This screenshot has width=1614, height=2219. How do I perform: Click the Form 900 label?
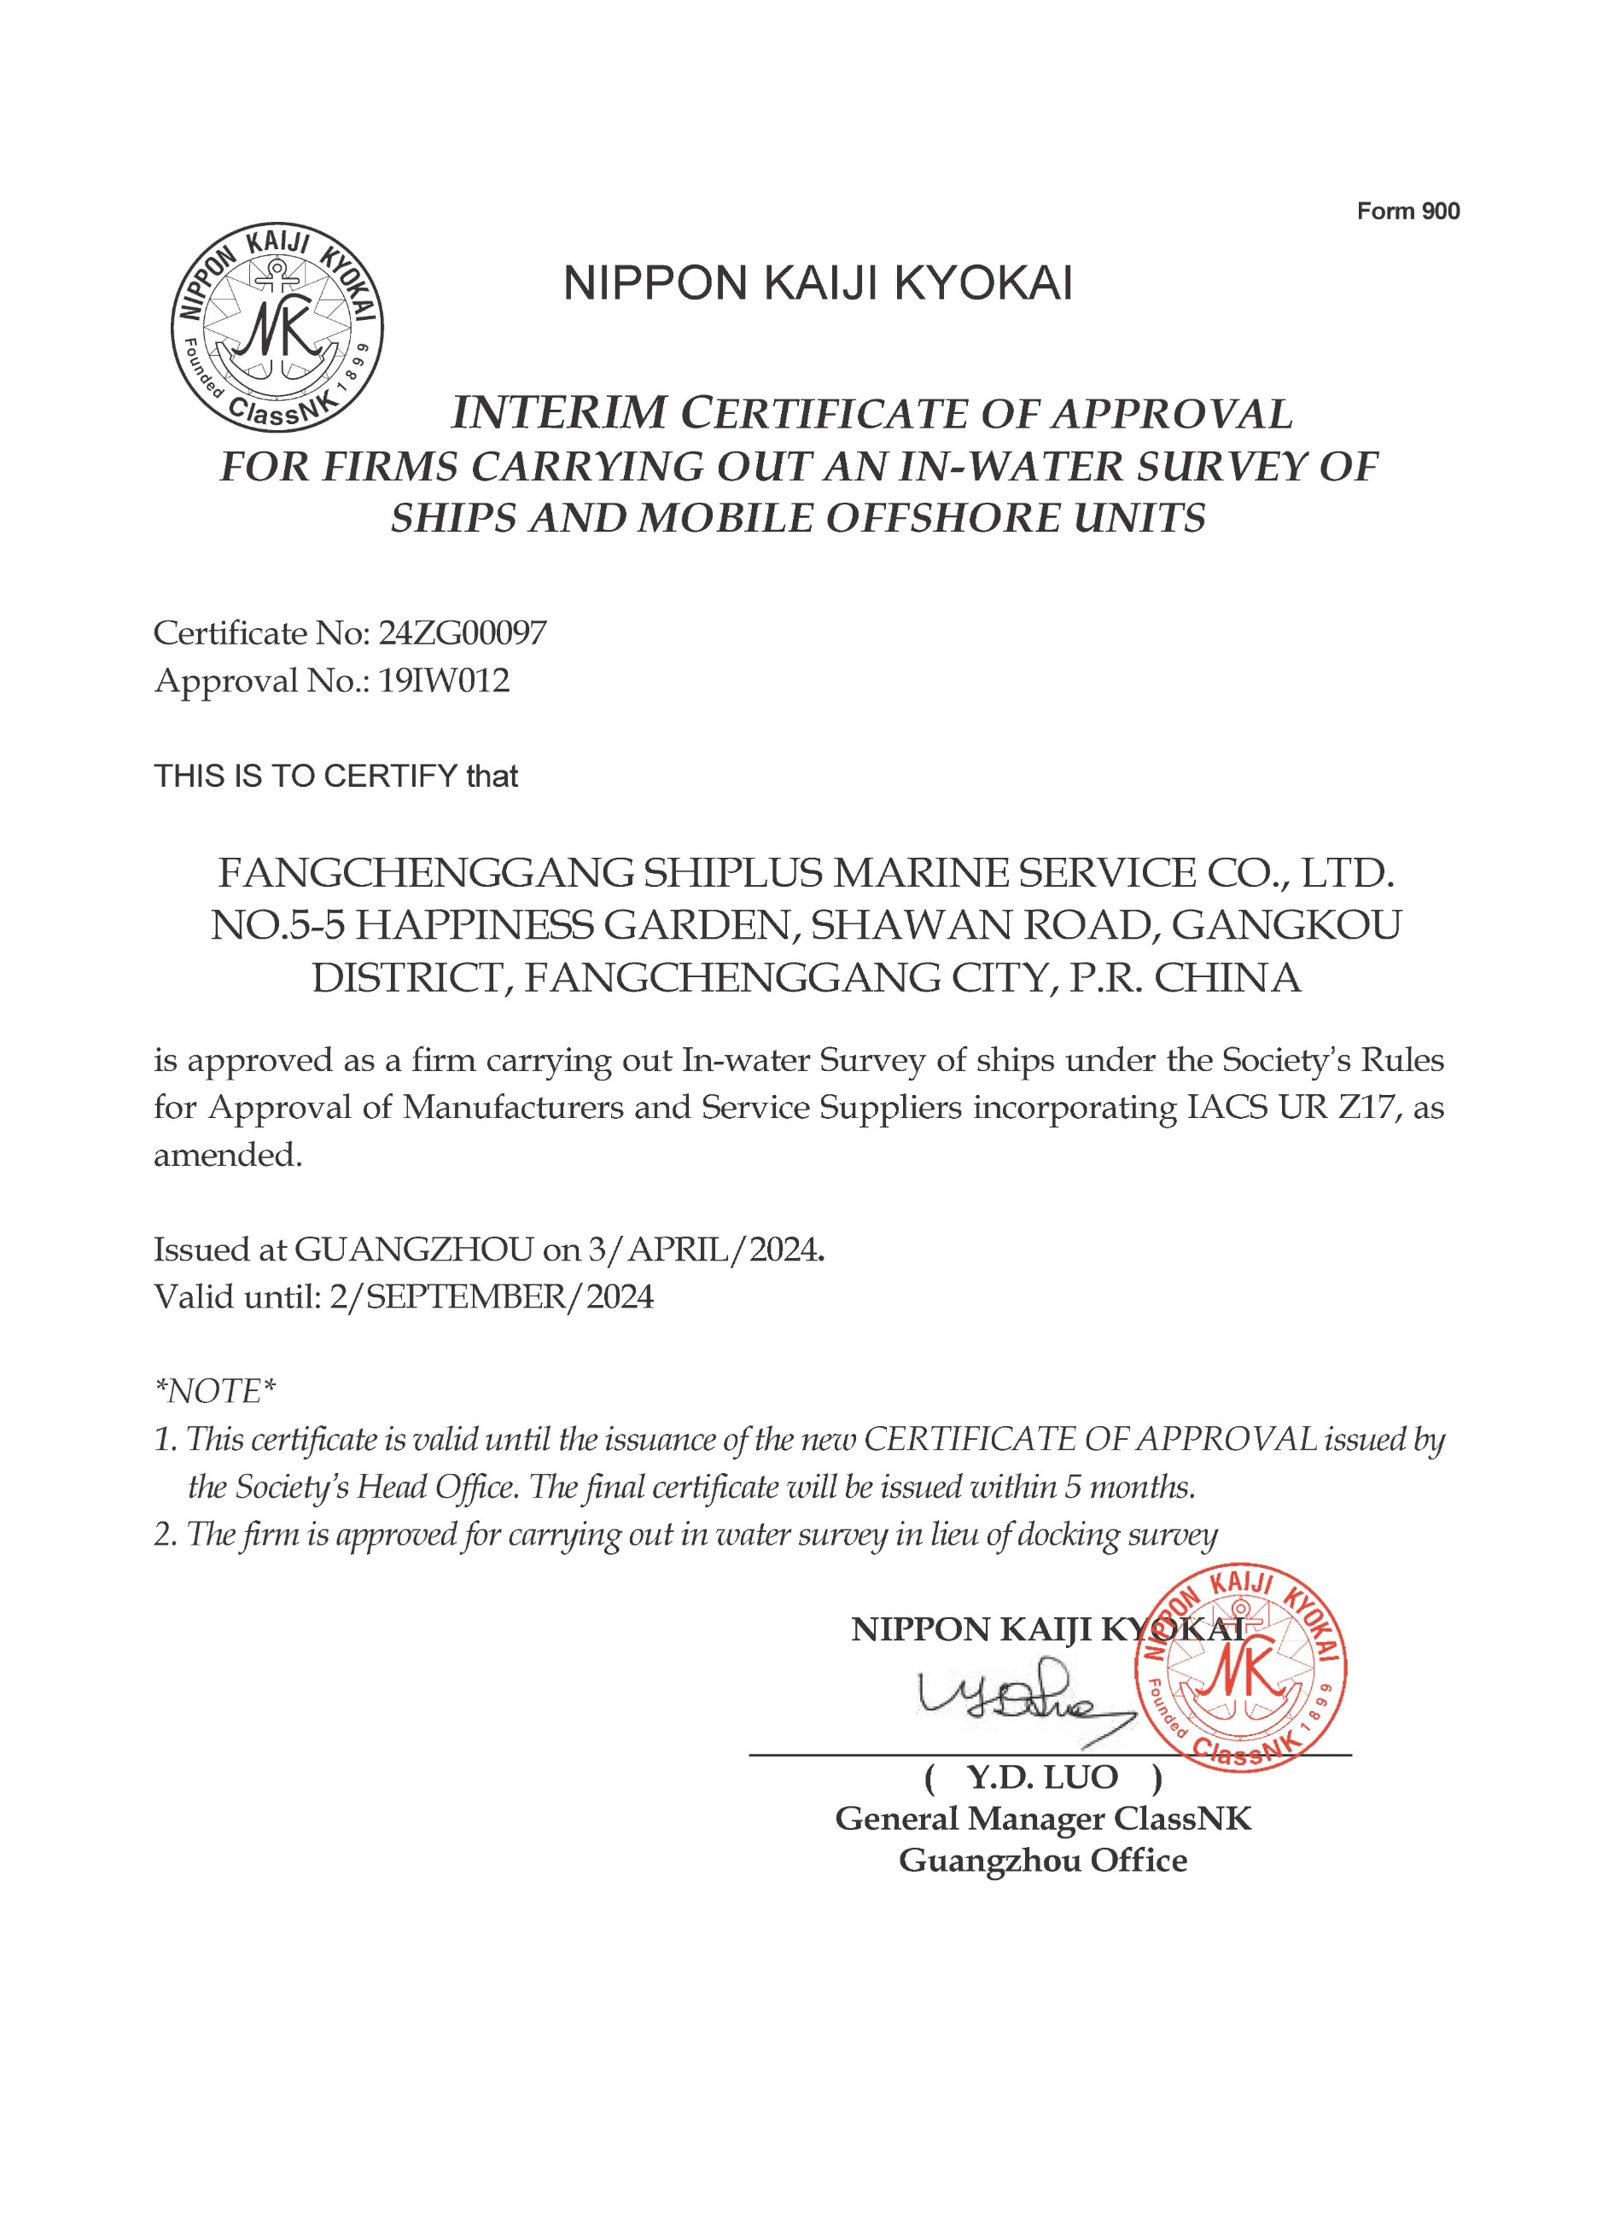[1407, 212]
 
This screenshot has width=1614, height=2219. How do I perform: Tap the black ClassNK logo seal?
[277, 327]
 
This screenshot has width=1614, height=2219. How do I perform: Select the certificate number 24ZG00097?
[462, 633]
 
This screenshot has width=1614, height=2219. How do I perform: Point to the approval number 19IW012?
[444, 680]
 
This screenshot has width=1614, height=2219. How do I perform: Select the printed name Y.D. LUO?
[1042, 1777]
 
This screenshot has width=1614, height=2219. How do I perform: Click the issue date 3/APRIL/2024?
[702, 1249]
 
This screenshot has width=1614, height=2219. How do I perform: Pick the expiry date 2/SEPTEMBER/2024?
[490, 1296]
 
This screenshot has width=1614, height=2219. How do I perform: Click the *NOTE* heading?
[215, 1390]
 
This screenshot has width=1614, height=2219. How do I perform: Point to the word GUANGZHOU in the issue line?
[414, 1249]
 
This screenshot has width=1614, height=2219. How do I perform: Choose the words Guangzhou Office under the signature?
[1043, 1860]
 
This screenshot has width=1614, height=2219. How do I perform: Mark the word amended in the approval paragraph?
[227, 1156]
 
